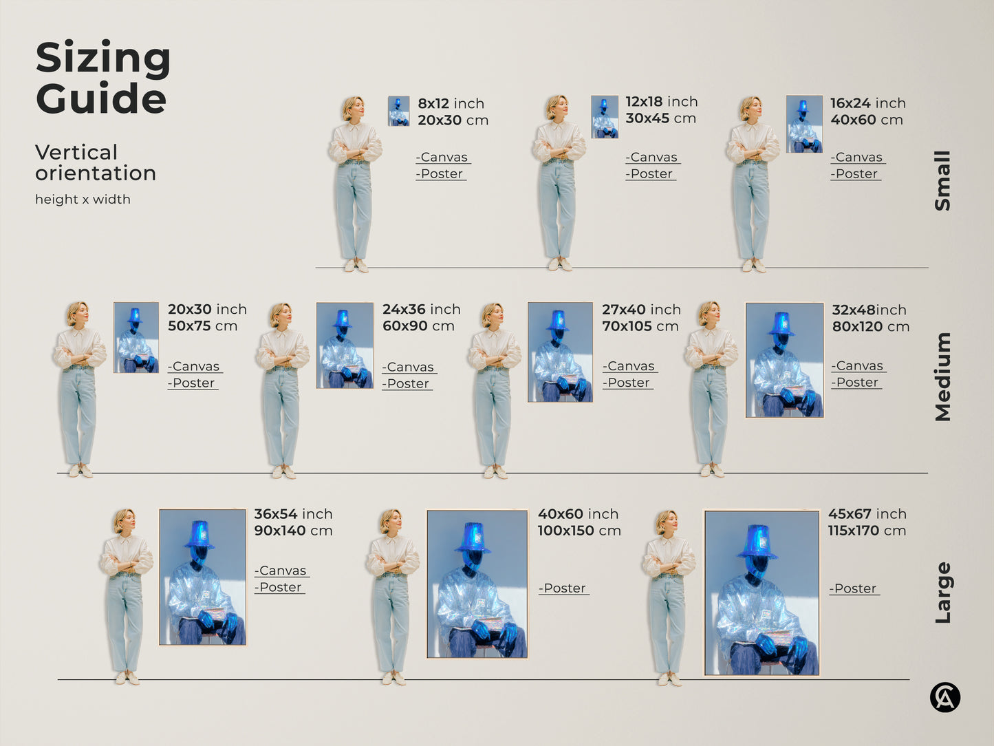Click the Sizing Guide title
pyautogui.click(x=102, y=78)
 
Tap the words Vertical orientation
pyautogui.click(x=95, y=162)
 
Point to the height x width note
pyautogui.click(x=83, y=200)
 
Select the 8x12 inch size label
pyautogui.click(x=451, y=103)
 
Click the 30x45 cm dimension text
pyautogui.click(x=660, y=118)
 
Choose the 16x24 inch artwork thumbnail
pyautogui.click(x=804, y=124)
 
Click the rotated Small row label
pyautogui.click(x=942, y=181)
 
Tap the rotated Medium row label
pyautogui.click(x=942, y=376)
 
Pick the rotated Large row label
pyautogui.click(x=942, y=593)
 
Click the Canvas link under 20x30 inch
pyautogui.click(x=195, y=366)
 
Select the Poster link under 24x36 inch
pyautogui.click(x=407, y=383)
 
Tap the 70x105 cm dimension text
pyautogui.click(x=640, y=326)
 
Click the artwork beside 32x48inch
pyautogui.click(x=784, y=360)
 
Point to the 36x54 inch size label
pyautogui.click(x=293, y=514)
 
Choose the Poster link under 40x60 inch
pyautogui.click(x=563, y=588)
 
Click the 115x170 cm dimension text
pyautogui.click(x=867, y=531)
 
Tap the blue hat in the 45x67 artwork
pyautogui.click(x=758, y=541)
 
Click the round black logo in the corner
pyautogui.click(x=944, y=697)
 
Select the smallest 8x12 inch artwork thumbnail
pyautogui.click(x=398, y=111)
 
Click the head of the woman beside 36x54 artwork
pyautogui.click(x=125, y=521)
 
